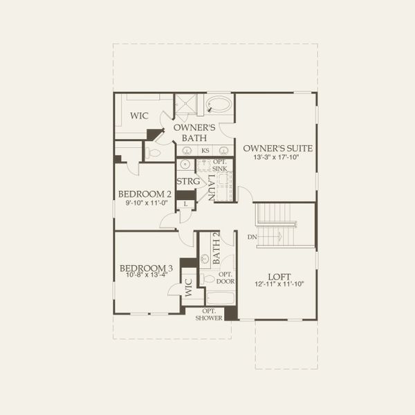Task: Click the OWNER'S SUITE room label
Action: click(277, 148)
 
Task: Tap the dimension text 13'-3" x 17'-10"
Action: click(277, 157)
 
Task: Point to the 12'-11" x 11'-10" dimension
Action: click(279, 285)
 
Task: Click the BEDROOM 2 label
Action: click(145, 194)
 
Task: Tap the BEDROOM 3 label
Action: click(146, 268)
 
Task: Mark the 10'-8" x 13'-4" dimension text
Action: click(146, 275)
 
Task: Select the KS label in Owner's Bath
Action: click(205, 150)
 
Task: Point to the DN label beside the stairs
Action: click(252, 237)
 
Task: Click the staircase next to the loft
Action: click(275, 223)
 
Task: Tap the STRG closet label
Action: click(187, 181)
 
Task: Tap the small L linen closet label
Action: click(186, 204)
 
